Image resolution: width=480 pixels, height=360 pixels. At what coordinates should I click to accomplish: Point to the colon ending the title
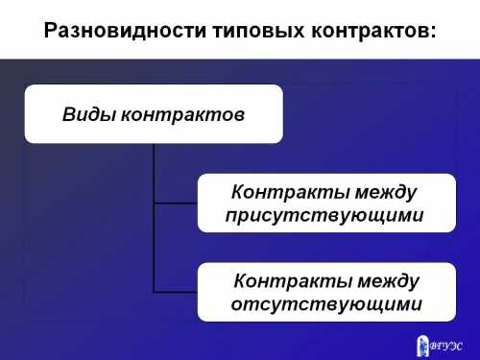433,32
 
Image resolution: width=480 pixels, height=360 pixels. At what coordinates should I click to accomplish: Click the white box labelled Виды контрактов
154,114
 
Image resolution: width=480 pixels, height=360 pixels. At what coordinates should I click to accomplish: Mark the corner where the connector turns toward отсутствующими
154,291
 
